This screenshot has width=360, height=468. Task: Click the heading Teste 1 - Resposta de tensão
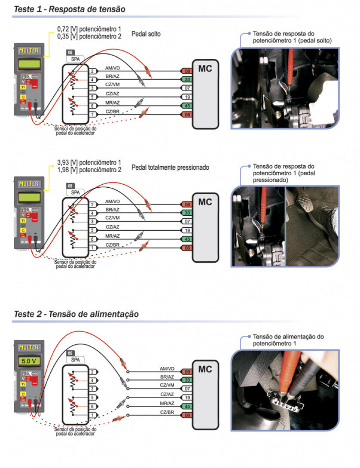pos(70,9)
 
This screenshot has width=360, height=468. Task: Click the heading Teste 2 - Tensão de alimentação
pos(76,314)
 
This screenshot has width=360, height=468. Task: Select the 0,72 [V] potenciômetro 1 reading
pos(89,30)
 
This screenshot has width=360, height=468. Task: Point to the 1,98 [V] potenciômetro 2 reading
pos(89,170)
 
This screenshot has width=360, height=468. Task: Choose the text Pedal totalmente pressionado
pos(170,167)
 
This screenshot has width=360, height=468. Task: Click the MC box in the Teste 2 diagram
pos(205,370)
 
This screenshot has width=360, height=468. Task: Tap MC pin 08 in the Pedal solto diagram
pos(187,71)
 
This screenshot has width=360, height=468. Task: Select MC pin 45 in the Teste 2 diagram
pos(187,406)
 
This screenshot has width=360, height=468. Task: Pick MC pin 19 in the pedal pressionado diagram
pos(187,230)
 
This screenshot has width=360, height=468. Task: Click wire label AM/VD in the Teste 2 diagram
pos(167,369)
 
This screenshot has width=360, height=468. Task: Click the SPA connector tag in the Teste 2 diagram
pos(75,359)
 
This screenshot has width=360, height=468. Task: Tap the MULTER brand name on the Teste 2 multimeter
pos(28,347)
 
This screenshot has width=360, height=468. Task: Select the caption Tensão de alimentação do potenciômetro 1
pos(288,340)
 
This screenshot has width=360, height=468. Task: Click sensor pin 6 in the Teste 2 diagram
pos(92,406)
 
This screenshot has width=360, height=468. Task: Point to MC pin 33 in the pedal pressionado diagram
pos(187,213)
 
